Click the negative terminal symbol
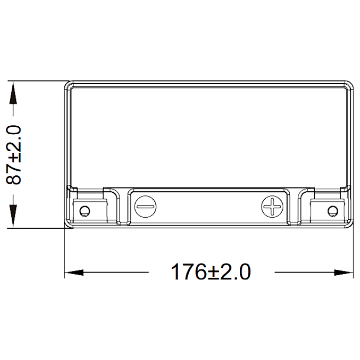click(145, 206)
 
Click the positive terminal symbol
click(272, 206)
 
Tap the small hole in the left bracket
click(85, 210)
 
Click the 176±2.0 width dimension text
click(211, 272)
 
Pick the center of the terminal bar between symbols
click(209, 207)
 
